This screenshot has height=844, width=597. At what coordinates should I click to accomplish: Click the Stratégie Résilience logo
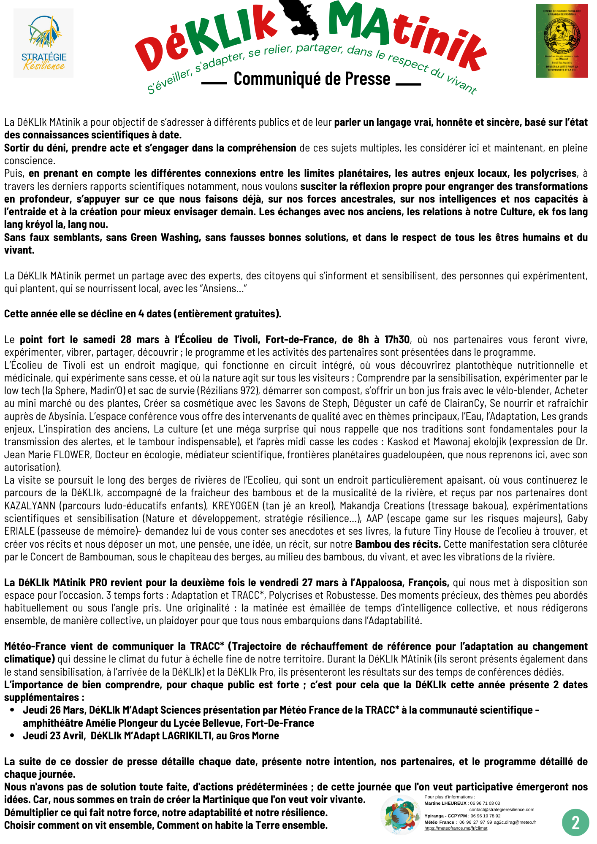[x=43, y=43]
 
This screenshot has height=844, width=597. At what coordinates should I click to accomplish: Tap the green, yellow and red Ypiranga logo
[x=562, y=41]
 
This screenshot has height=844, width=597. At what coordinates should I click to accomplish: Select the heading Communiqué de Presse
[x=312, y=79]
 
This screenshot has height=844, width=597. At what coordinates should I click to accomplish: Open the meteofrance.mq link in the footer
[x=456, y=828]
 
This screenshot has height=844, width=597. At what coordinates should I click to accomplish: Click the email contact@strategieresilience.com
[x=502, y=809]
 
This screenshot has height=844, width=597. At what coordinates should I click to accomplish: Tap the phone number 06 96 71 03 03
[x=486, y=803]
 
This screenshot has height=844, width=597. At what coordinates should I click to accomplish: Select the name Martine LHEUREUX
[x=445, y=803]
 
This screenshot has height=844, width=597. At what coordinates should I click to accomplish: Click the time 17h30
[x=397, y=340]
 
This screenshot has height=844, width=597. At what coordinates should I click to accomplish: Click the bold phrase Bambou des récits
[x=398, y=544]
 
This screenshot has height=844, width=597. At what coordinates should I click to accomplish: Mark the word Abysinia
[x=67, y=417]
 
